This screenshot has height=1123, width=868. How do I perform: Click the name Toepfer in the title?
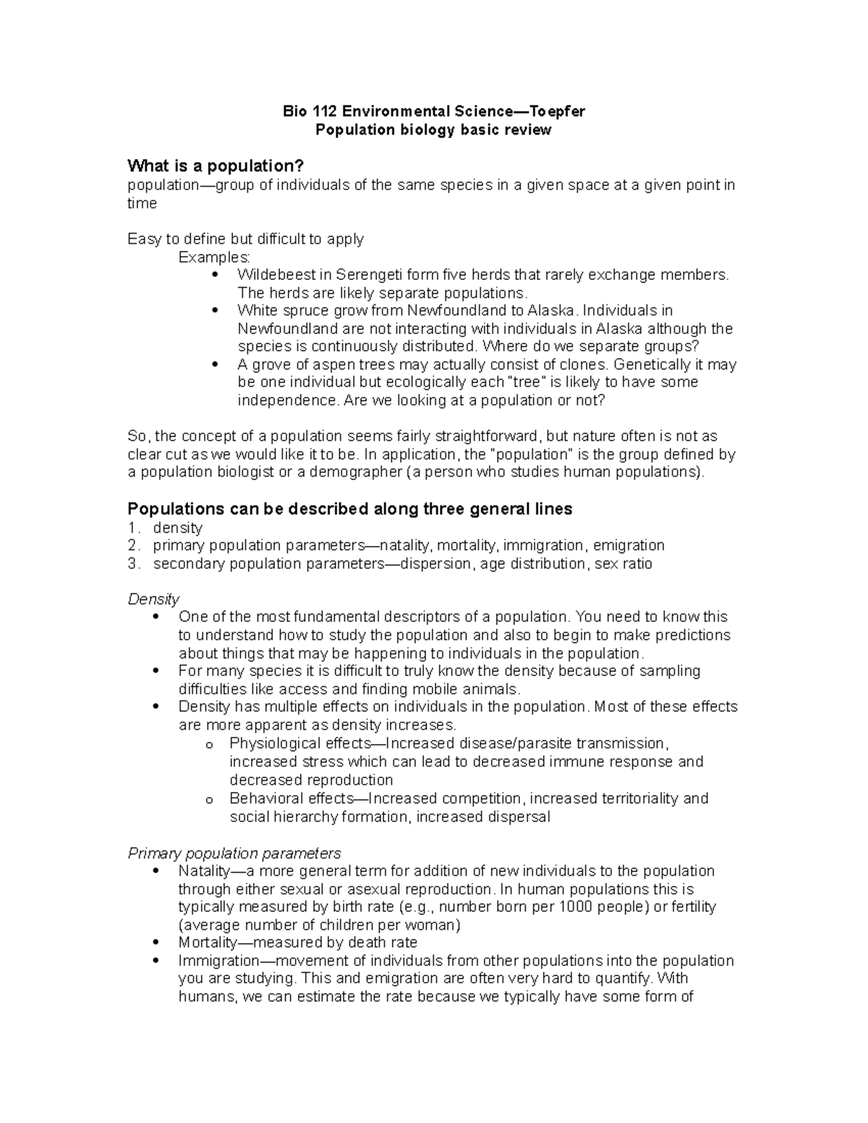(x=557, y=111)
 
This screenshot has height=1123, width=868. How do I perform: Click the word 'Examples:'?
(x=214, y=257)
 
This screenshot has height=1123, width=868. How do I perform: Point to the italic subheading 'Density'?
(x=153, y=599)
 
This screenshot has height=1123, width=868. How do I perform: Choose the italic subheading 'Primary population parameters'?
(x=234, y=853)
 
